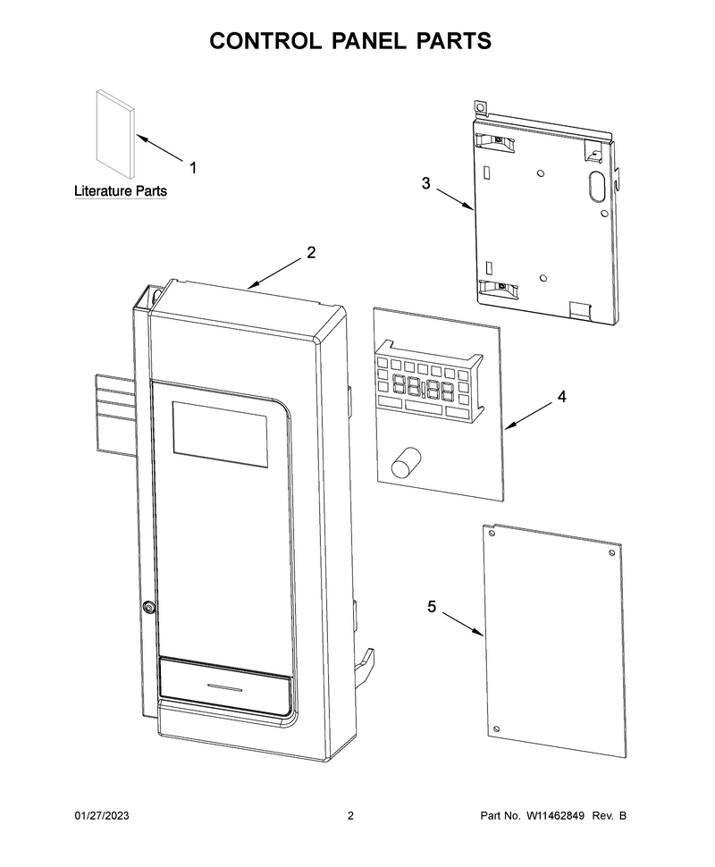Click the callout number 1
(x=193, y=167)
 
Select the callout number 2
(x=311, y=253)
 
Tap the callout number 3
(x=425, y=183)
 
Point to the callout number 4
(x=562, y=397)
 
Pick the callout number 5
(x=432, y=607)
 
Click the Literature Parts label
(x=121, y=191)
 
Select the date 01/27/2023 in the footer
(x=102, y=815)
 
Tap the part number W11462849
(x=555, y=815)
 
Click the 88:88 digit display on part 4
(x=424, y=388)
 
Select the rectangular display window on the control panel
(x=220, y=434)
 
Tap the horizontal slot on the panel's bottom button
(x=224, y=687)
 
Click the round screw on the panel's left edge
(x=147, y=607)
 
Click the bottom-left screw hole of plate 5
(x=496, y=729)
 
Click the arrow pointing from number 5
(x=463, y=624)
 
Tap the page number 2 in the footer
(x=350, y=815)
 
